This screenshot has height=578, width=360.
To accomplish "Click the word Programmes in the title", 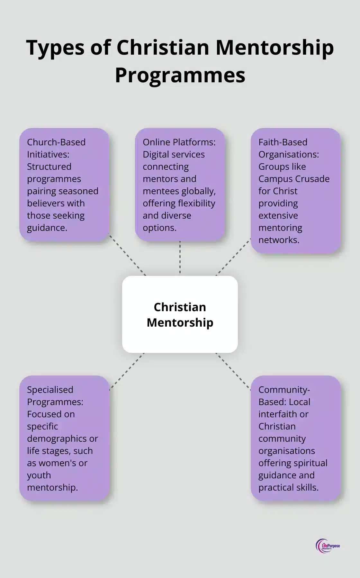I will (x=180, y=75).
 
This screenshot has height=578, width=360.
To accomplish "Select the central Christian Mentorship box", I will (x=180, y=314).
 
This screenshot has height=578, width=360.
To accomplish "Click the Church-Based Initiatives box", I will (x=64, y=185).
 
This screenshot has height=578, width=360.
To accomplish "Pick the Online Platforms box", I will (x=180, y=185).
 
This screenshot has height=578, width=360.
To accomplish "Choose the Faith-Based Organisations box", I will (x=295, y=191).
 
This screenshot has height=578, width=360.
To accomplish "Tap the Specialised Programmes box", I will (x=64, y=438).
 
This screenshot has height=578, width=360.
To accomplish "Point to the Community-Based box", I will (x=295, y=438).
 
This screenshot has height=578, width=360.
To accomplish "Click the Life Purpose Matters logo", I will (x=328, y=546).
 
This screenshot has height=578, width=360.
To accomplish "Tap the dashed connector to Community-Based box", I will (x=233, y=371).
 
